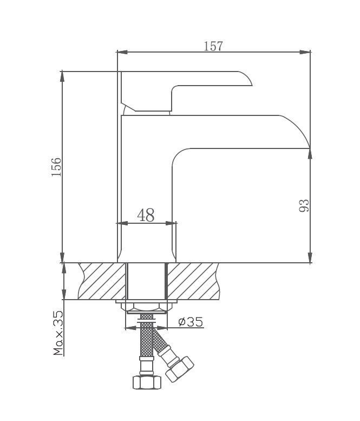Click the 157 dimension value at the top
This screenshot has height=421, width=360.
coord(213,46)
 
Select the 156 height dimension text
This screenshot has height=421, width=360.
coord(56,167)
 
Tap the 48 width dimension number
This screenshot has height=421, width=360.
coord(146,216)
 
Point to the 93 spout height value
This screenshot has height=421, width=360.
coord(304,205)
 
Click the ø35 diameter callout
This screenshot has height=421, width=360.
coord(190,322)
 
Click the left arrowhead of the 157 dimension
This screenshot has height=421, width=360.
coord(122,53)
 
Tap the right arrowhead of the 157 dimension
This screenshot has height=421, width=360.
coord(306,53)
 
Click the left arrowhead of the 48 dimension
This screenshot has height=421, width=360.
coord(122,223)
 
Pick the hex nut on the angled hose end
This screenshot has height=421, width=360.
coord(180,369)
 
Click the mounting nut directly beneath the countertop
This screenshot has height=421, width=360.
coord(146,306)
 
